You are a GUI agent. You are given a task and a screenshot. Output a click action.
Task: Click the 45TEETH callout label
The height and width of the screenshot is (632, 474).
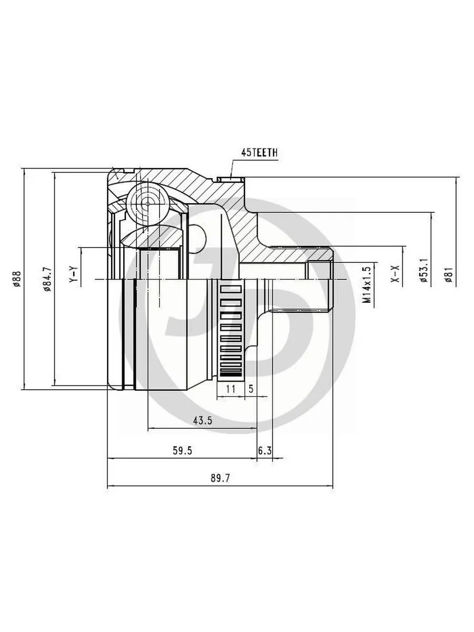259,153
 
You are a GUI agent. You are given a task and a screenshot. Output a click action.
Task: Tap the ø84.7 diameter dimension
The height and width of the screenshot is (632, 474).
47,279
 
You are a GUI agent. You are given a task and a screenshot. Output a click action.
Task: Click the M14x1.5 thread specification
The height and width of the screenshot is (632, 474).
367,284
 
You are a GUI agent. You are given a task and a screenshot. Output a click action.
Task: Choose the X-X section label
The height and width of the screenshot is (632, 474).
396,273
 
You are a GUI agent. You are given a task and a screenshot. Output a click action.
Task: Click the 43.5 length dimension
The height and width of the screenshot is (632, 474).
203,421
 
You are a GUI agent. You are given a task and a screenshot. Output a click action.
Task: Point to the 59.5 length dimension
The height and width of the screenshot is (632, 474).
182,450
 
